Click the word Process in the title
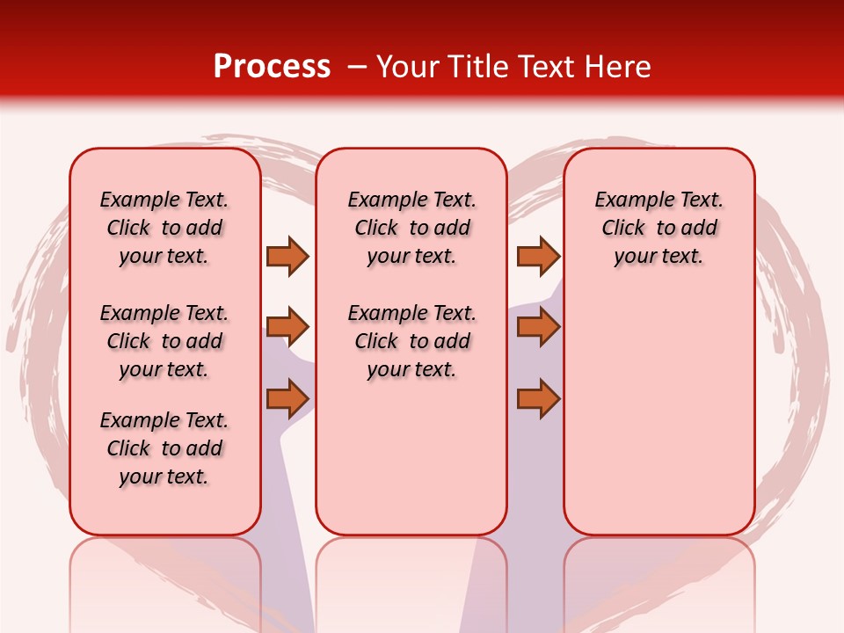click(x=272, y=67)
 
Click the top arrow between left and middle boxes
click(x=287, y=256)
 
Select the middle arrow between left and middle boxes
click(x=287, y=327)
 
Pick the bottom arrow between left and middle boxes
click(x=287, y=398)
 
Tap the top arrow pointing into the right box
click(x=538, y=256)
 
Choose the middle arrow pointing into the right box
click(x=538, y=327)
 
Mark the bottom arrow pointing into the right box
click(x=538, y=398)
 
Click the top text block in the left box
click(x=164, y=228)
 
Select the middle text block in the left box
click(x=164, y=341)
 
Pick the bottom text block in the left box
click(x=164, y=448)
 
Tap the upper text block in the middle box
click(x=411, y=228)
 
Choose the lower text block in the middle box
click(x=411, y=341)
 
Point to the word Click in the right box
click(x=623, y=229)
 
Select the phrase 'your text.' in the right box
click(x=658, y=257)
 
